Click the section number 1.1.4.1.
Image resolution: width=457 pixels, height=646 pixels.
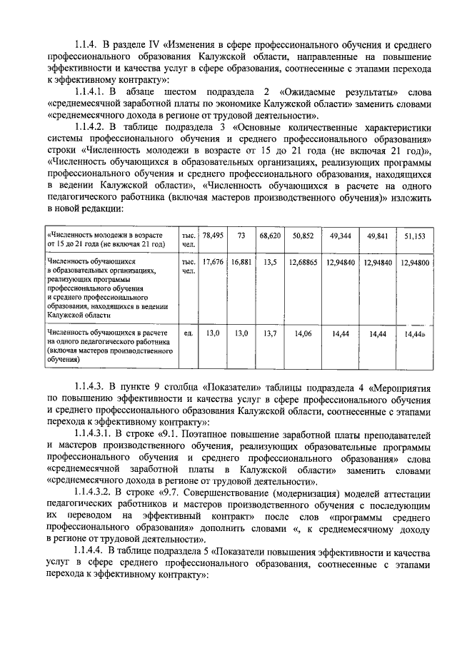92,93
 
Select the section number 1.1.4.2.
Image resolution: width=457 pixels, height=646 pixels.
92,127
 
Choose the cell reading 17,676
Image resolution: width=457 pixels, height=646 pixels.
213,263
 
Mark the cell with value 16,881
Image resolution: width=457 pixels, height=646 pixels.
241,263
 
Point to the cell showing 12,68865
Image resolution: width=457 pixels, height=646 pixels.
303,263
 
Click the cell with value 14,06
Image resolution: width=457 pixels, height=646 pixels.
303,333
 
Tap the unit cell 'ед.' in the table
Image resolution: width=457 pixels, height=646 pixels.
189,333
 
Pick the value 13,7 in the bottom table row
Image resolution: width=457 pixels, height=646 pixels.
269,333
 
